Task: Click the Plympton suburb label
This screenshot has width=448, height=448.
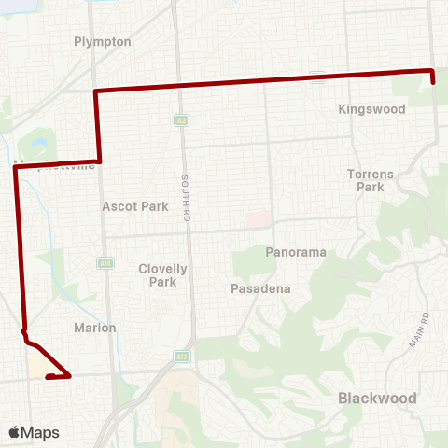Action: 103,42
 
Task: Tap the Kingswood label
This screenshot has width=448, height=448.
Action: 371,109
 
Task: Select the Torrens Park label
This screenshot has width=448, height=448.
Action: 365,180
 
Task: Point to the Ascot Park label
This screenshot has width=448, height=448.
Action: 135,206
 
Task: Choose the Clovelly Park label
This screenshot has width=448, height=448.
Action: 163,274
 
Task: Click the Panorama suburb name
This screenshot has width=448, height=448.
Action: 295,253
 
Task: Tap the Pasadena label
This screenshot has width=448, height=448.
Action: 260,289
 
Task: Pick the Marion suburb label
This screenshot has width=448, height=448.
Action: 94,328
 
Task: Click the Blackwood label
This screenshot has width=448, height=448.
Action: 376,398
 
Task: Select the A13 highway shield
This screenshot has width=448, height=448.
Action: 180,356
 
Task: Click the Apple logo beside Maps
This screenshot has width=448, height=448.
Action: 15,432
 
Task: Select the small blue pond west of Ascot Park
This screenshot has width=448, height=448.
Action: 38,146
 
